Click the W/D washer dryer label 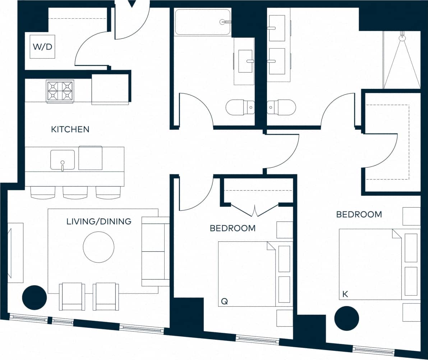point(43,47)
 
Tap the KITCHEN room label point(70,129)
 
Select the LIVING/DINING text point(99,221)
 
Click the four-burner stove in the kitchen point(60,91)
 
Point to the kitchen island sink point(63,160)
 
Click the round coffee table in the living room point(98,247)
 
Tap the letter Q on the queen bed point(224,301)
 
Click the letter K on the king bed point(345,294)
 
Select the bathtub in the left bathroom point(202,22)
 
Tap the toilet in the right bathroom point(282,107)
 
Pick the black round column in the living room point(34,297)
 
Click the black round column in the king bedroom point(347,318)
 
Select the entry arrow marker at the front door point(132,4)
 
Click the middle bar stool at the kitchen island point(75,192)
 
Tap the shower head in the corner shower point(402,37)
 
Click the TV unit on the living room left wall point(15,252)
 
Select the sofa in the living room point(156,251)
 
